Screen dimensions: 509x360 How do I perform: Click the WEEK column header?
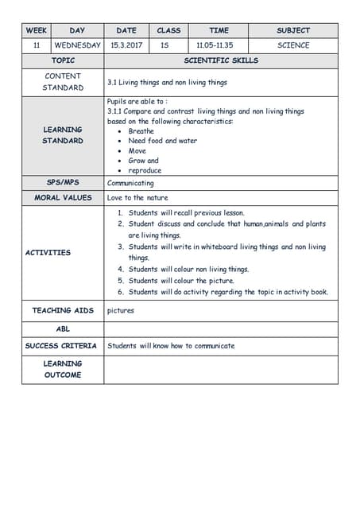click(x=37, y=31)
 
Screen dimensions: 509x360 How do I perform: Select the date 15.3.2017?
click(x=126, y=45)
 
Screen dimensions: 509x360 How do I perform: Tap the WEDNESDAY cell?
click(x=77, y=45)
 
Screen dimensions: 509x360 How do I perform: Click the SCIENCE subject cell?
click(x=292, y=45)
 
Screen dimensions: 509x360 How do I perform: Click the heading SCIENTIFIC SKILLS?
click(x=220, y=60)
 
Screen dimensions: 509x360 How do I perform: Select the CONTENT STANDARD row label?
click(x=63, y=82)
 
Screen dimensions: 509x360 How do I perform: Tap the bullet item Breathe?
click(x=141, y=131)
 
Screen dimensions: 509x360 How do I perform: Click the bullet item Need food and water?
click(x=162, y=141)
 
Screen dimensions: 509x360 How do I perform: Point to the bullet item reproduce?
click(x=145, y=170)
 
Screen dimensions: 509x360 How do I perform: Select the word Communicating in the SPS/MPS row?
click(x=130, y=183)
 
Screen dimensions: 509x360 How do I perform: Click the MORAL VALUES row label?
click(x=63, y=197)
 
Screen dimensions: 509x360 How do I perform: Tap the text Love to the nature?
click(x=137, y=197)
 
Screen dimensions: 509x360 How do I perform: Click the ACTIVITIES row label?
click(x=48, y=253)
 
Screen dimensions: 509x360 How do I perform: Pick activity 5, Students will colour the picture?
click(x=181, y=281)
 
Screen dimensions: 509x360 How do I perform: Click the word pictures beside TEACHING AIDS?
click(x=121, y=310)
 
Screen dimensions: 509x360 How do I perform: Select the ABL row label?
click(x=63, y=328)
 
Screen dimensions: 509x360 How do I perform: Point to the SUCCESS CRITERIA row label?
click(x=61, y=346)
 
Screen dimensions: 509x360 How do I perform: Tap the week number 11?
click(x=37, y=45)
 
